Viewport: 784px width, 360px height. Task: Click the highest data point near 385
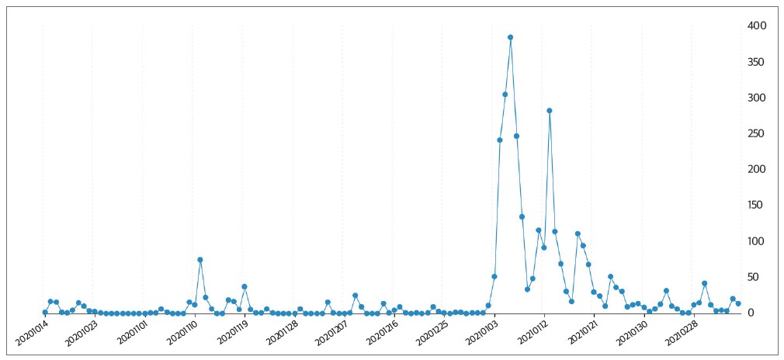pos(510,37)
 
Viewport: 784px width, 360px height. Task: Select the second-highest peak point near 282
pos(549,110)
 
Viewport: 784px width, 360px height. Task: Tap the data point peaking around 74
pos(200,260)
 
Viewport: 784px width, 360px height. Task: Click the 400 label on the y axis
pos(757,26)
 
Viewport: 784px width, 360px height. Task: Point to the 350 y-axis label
pos(757,62)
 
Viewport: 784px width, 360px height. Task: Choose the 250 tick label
pos(757,133)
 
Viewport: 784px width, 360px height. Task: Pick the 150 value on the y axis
pos(757,206)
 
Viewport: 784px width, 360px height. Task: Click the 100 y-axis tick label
pos(757,241)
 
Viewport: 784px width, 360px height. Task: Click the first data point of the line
pos(45,312)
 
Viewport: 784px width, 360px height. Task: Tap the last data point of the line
pos(738,303)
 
